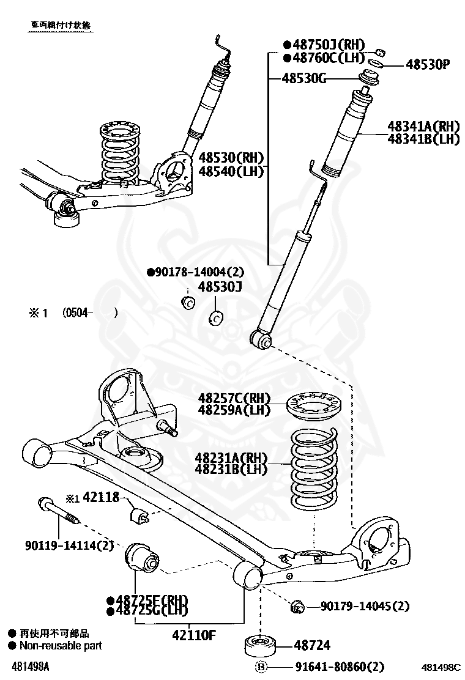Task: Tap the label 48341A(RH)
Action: (423, 127)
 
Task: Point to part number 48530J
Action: (220, 287)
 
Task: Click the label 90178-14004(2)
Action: (195, 272)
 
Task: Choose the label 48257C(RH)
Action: (234, 399)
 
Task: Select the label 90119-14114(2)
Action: (69, 545)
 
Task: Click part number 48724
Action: (312, 645)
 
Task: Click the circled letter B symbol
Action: (262, 667)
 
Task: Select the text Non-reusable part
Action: (61, 645)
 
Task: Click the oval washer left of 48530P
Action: (378, 62)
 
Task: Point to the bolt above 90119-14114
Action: (59, 511)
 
